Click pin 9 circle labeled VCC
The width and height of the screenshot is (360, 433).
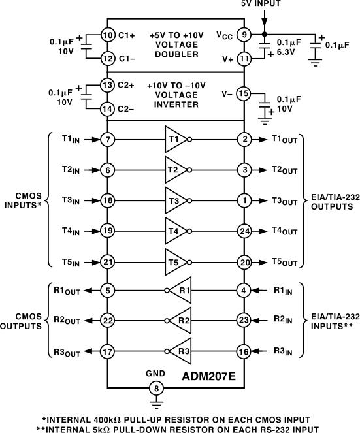click(243, 35)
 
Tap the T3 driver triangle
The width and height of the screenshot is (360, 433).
click(176, 200)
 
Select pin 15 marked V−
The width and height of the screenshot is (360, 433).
click(243, 93)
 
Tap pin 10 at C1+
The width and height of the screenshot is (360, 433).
click(108, 35)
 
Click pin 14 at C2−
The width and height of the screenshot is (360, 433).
click(108, 108)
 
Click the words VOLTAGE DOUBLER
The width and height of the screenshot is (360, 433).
click(174, 50)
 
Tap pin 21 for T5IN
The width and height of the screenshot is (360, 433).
click(108, 261)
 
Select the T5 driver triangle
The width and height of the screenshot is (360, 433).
click(176, 261)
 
